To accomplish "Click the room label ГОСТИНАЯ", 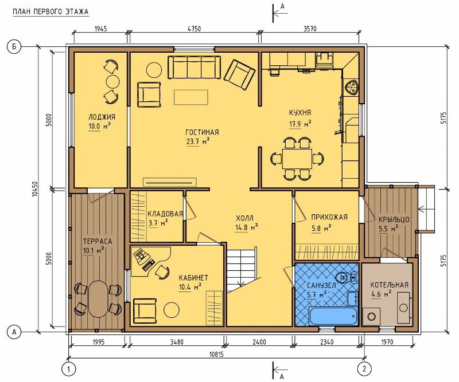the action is pyautogui.click(x=202, y=132).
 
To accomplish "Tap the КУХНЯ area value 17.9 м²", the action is pyautogui.click(x=300, y=124).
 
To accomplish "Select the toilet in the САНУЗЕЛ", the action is pyautogui.click(x=346, y=277).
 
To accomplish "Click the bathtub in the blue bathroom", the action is pyautogui.click(x=333, y=316).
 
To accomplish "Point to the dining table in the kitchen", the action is pyautogui.click(x=297, y=159).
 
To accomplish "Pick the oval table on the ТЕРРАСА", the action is pyautogui.click(x=98, y=299).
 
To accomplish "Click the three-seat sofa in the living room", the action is pyautogui.click(x=194, y=67).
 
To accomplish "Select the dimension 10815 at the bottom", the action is pyautogui.click(x=217, y=354).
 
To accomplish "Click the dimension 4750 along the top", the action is pyautogui.click(x=194, y=29).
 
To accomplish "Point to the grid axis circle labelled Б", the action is pyautogui.click(x=14, y=47).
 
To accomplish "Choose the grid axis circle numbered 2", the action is pyautogui.click(x=364, y=369).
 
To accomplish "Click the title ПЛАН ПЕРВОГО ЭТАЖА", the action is pyautogui.click(x=50, y=11).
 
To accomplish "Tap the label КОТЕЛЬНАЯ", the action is pyautogui.click(x=389, y=285).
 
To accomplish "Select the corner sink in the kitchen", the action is pyautogui.click(x=351, y=87).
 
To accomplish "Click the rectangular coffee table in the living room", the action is pyautogui.click(x=191, y=97).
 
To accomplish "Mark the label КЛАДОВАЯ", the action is pyautogui.click(x=165, y=214).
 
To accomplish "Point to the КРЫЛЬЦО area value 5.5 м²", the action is pyautogui.click(x=388, y=229).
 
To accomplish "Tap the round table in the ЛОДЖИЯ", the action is pyautogui.click(x=112, y=81).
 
